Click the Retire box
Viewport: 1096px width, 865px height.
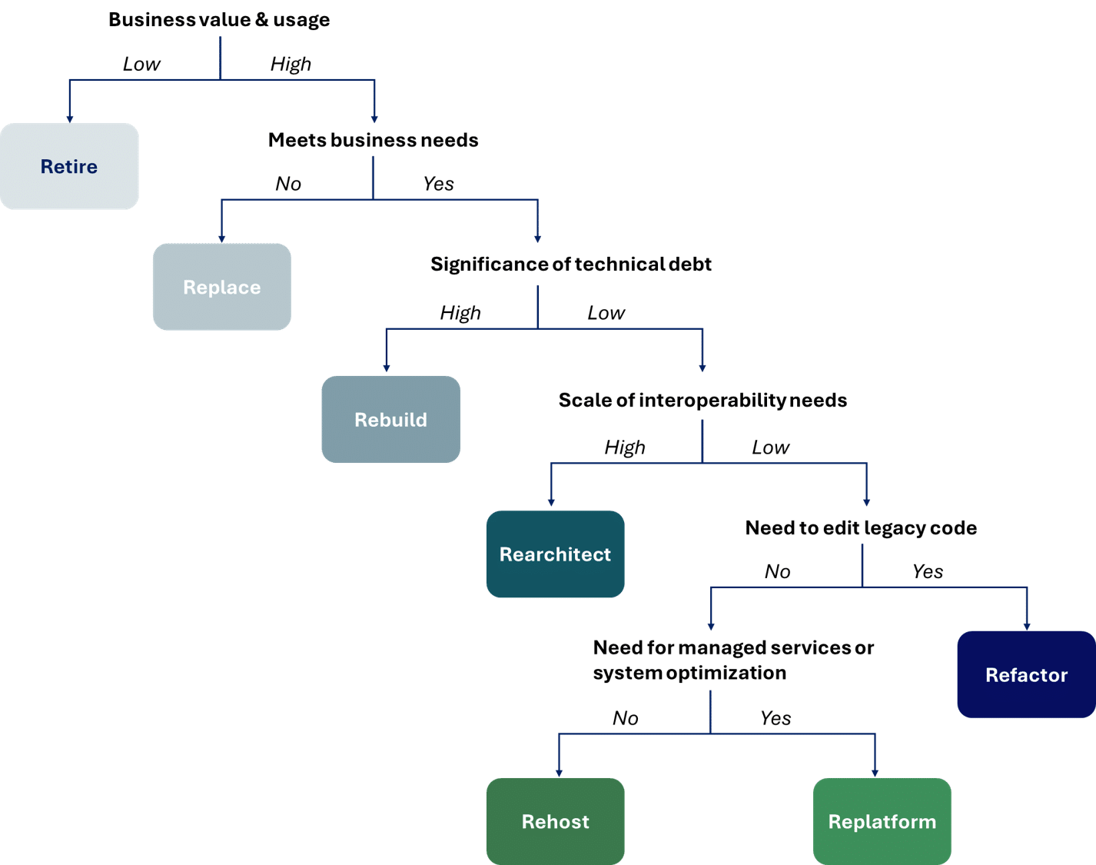(x=69, y=166)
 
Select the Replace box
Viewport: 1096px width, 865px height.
(x=221, y=287)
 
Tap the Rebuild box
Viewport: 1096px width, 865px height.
(x=390, y=419)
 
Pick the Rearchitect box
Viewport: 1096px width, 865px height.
(x=555, y=554)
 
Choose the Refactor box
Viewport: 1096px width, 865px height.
(x=1026, y=674)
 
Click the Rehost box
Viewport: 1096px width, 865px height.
(x=555, y=821)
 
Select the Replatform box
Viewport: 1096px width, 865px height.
(x=882, y=821)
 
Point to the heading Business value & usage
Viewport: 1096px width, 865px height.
(x=219, y=20)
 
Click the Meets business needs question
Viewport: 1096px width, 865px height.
(x=373, y=140)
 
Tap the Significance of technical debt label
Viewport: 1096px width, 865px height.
(x=571, y=264)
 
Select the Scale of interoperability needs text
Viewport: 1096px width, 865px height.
(x=702, y=401)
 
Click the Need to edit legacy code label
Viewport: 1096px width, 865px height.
(x=861, y=528)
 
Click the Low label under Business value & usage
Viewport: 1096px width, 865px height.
(x=141, y=65)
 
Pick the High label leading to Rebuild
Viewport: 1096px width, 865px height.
(x=460, y=313)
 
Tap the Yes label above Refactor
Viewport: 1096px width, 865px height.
(x=927, y=571)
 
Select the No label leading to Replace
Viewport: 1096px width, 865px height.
(x=288, y=184)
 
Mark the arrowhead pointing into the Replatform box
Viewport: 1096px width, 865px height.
(x=875, y=772)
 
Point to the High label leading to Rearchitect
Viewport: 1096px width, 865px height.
(x=625, y=447)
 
